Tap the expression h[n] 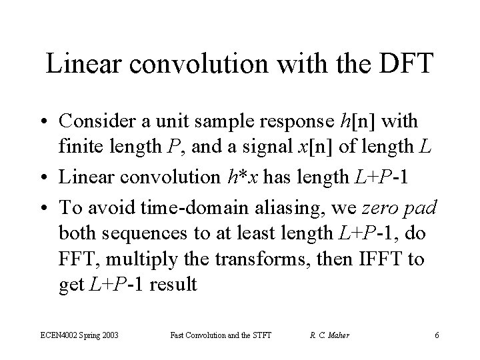(359, 121)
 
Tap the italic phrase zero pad (399, 207)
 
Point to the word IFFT (382, 259)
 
